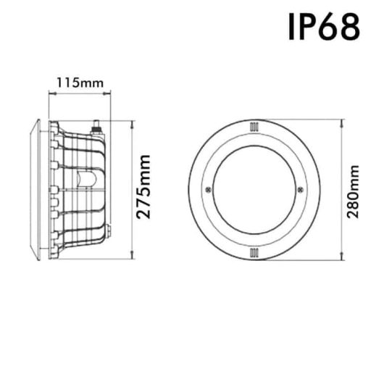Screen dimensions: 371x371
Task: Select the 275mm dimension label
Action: pyautogui.click(x=145, y=187)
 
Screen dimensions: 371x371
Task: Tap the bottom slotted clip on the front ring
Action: pyautogui.click(x=254, y=251)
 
